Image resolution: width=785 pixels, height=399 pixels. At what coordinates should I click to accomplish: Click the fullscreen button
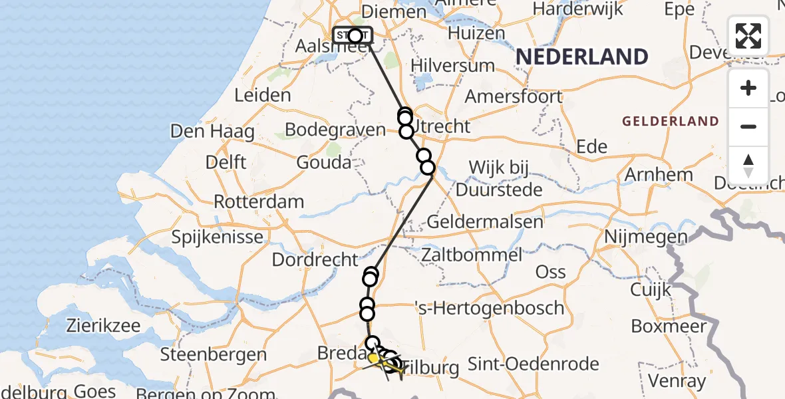pyautogui.click(x=748, y=36)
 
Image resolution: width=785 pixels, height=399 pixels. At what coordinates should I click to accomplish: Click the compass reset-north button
pyautogui.click(x=748, y=166)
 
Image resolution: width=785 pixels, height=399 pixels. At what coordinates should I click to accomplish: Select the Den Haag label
pyautogui.click(x=212, y=132)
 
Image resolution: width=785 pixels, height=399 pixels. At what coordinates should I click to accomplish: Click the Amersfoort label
pyautogui.click(x=513, y=96)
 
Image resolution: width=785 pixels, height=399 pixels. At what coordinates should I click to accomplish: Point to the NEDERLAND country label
pyautogui.click(x=581, y=57)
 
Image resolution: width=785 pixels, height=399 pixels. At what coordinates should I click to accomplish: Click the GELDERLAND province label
pyautogui.click(x=671, y=122)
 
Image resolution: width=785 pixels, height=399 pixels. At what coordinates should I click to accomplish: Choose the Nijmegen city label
pyautogui.click(x=645, y=237)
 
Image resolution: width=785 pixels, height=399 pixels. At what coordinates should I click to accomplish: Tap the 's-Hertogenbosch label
pyautogui.click(x=489, y=308)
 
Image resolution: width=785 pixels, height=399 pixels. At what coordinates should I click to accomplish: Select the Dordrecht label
pyautogui.click(x=316, y=259)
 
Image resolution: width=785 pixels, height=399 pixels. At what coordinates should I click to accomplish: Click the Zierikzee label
pyautogui.click(x=103, y=326)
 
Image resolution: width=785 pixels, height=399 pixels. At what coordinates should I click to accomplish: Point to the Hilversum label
pyautogui.click(x=452, y=65)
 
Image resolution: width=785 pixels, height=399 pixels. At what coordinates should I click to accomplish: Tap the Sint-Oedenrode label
pyautogui.click(x=534, y=364)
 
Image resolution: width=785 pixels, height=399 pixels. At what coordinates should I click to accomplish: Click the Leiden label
pyautogui.click(x=263, y=95)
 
